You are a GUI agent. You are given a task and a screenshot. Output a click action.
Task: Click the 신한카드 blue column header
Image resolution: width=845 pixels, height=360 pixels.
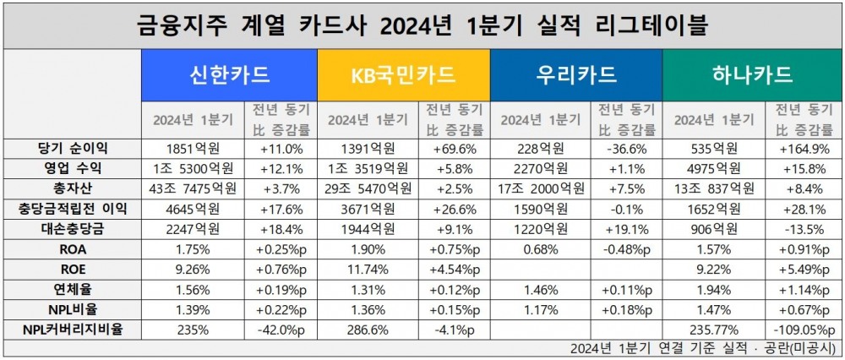coord(230,75)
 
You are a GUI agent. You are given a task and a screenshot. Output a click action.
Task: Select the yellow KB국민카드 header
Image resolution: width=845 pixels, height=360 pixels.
coord(403,75)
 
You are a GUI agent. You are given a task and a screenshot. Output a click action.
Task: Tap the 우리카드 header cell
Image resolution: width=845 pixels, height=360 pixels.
coord(576,75)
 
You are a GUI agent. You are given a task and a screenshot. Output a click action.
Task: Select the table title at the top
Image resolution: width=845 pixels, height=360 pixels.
coord(422,25)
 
